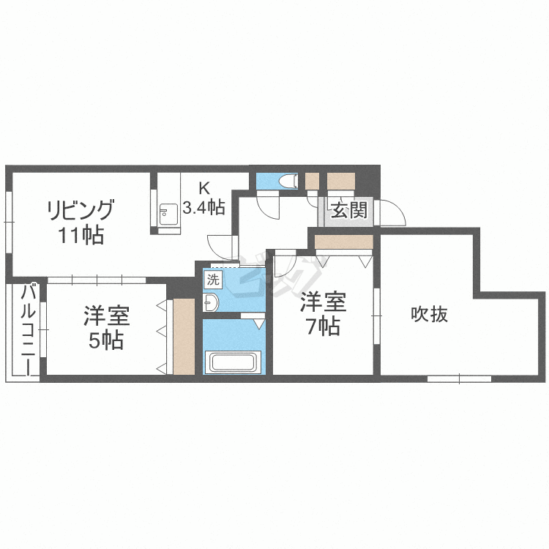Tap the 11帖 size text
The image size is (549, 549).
[x=80, y=236]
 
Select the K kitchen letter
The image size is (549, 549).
[x=203, y=186]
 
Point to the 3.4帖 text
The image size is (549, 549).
[x=203, y=206]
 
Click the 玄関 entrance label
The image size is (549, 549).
[x=348, y=212]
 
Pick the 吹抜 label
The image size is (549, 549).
[x=429, y=315]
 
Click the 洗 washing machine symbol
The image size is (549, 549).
[x=212, y=279]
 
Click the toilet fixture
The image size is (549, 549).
[x=288, y=180]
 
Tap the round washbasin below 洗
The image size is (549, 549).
[x=211, y=301]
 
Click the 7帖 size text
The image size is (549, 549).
[x=322, y=327]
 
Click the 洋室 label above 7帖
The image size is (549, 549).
[x=322, y=302]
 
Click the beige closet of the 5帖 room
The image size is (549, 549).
[x=184, y=336]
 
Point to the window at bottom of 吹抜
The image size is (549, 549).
[x=459, y=378]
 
